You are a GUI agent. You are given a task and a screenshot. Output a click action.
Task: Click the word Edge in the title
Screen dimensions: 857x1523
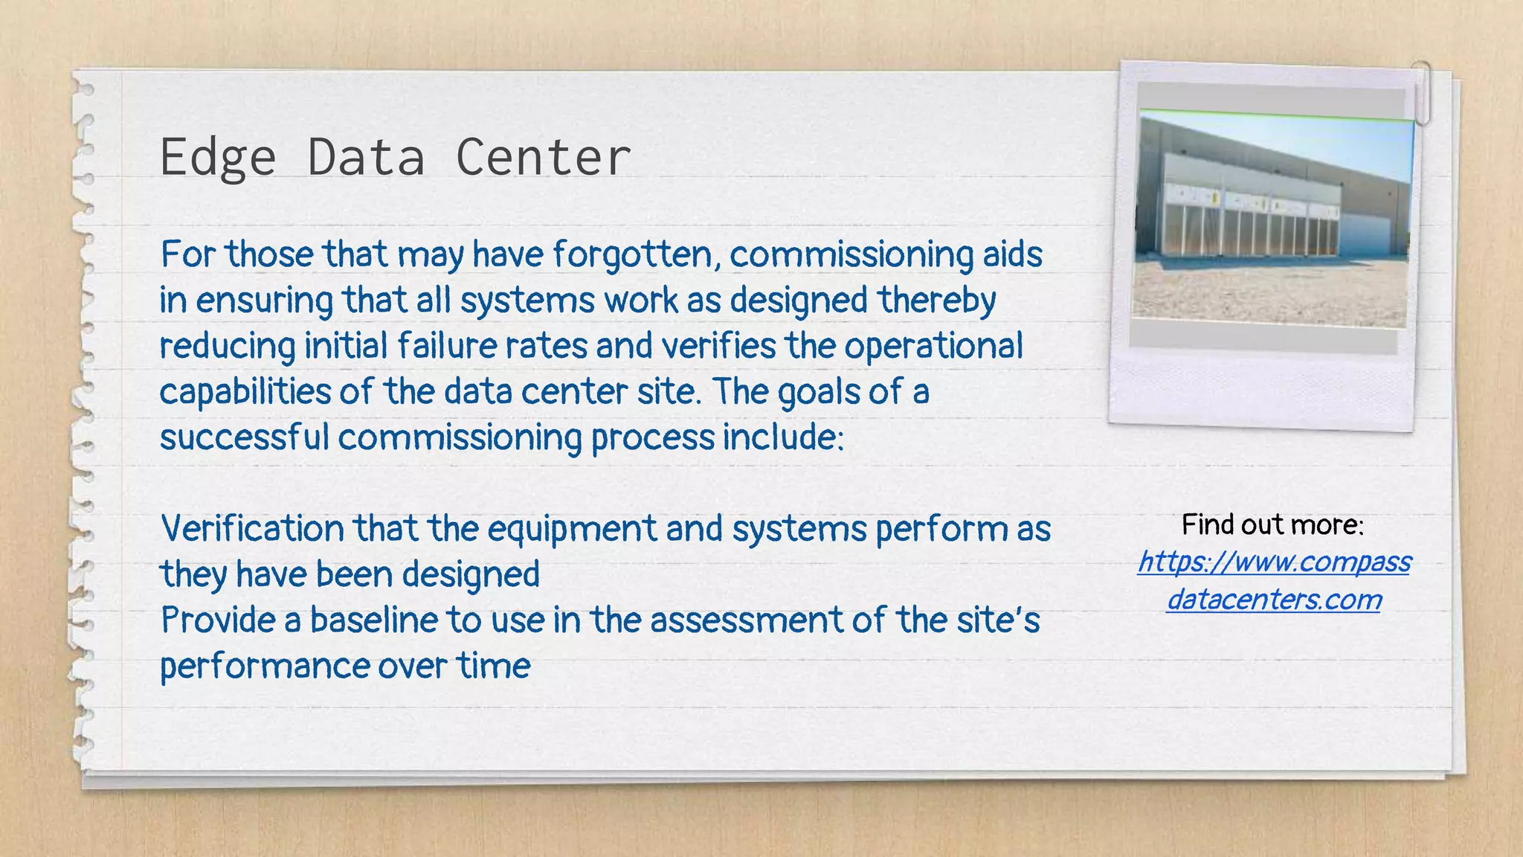218,158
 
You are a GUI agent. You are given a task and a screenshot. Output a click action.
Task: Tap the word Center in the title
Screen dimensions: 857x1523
542,158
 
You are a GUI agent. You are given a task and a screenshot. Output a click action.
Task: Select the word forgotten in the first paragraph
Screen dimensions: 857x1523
636,254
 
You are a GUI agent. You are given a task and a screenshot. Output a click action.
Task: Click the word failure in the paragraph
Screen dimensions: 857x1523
446,346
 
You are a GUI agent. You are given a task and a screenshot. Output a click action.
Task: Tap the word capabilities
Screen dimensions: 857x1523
245,392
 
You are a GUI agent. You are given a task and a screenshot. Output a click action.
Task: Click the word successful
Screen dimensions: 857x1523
244,437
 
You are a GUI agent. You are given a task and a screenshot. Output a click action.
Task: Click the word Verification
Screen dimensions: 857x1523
252,529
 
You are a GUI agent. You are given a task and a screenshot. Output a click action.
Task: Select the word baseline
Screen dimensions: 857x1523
373,620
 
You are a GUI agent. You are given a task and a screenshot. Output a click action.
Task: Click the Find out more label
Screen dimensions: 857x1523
1272,525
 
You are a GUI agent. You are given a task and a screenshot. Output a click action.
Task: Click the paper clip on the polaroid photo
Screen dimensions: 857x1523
1422,93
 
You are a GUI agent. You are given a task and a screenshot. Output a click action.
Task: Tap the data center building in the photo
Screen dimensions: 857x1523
1264,208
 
